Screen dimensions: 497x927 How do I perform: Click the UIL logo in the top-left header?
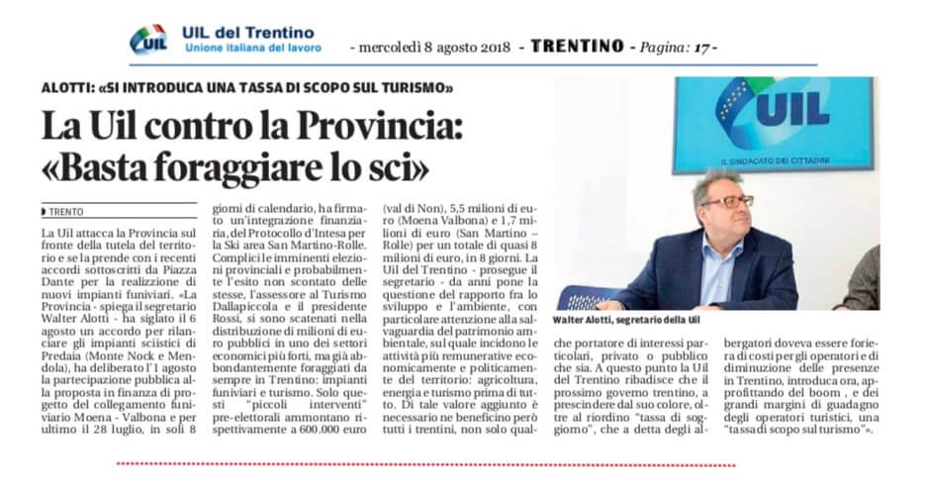[x=147, y=40]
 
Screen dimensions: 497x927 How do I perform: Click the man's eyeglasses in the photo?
[x=726, y=201]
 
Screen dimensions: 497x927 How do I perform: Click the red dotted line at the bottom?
[x=425, y=463]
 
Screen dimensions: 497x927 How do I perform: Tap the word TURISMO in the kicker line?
[x=417, y=88]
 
